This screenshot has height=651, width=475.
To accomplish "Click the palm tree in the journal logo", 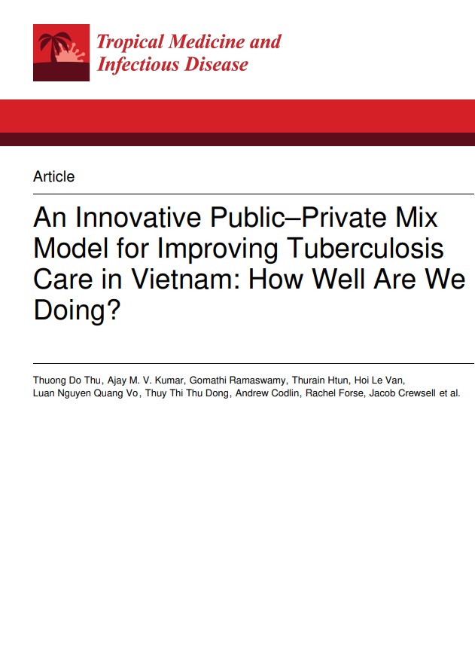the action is pyautogui.click(x=54, y=47).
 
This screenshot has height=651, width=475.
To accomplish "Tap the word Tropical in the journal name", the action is pyautogui.click(x=129, y=43).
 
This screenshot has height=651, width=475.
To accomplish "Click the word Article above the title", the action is pyautogui.click(x=54, y=176).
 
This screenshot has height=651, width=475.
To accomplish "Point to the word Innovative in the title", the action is pyautogui.click(x=139, y=217).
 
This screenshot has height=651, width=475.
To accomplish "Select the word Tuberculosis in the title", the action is pyautogui.click(x=365, y=249).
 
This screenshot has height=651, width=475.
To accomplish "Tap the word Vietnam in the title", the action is pyautogui.click(x=189, y=279).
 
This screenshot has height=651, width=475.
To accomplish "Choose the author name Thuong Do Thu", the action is pyautogui.click(x=67, y=381).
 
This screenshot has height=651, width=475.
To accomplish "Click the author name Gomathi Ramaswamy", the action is pyautogui.click(x=238, y=381).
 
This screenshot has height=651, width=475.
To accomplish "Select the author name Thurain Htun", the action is pyautogui.click(x=320, y=381).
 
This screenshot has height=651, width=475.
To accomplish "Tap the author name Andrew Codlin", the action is pyautogui.click(x=266, y=393).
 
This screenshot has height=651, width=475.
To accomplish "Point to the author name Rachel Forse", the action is pyautogui.click(x=334, y=393).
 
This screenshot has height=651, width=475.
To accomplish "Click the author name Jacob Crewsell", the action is pyautogui.click(x=403, y=393).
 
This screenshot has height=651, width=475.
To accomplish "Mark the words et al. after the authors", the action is pyautogui.click(x=449, y=393).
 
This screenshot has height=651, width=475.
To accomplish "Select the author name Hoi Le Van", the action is pyautogui.click(x=379, y=381).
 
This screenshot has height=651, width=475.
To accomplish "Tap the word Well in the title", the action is pyautogui.click(x=340, y=279).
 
